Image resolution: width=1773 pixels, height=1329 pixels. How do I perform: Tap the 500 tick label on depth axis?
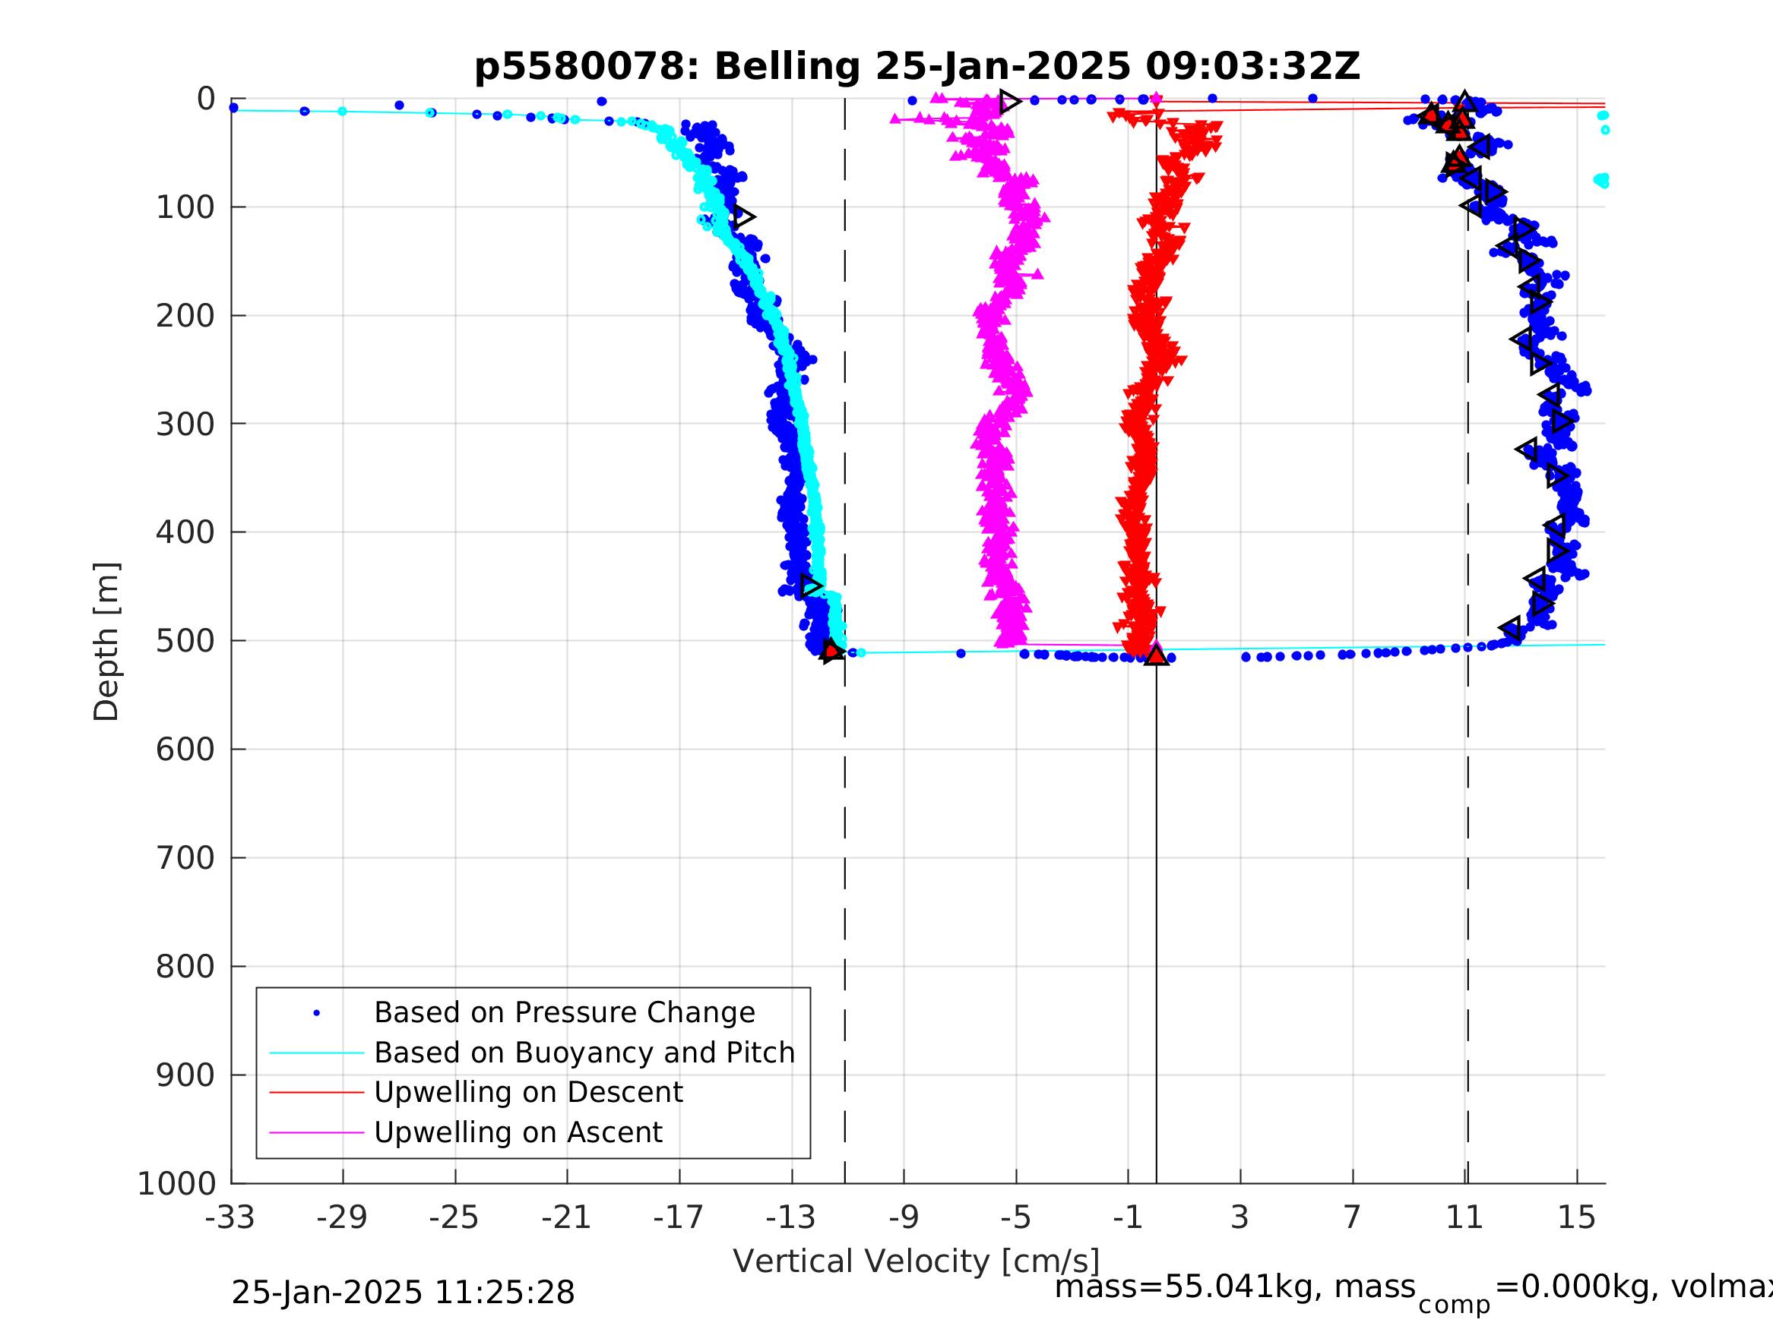click(x=185, y=642)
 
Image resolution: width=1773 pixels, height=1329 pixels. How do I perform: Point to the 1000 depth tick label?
click(x=176, y=1184)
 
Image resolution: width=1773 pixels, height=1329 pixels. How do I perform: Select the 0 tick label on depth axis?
click(x=206, y=99)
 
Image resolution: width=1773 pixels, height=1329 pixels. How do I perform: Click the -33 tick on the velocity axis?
click(x=230, y=1217)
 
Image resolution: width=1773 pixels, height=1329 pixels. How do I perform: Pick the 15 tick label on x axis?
click(x=1577, y=1217)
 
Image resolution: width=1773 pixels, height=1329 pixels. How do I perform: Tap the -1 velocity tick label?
click(x=1128, y=1217)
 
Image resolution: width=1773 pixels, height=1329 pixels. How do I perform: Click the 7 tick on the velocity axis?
click(x=1353, y=1217)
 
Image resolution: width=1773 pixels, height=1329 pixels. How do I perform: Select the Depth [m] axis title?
click(x=106, y=642)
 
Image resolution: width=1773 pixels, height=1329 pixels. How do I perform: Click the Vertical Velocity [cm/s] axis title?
click(x=917, y=1261)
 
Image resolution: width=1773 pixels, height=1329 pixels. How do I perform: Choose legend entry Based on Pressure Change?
click(x=565, y=1013)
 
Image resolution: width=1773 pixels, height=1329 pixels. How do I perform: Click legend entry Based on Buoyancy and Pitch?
click(x=584, y=1053)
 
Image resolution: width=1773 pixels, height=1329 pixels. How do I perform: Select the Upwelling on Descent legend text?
click(x=528, y=1093)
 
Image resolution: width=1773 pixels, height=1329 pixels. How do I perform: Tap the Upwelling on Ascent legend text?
click(x=518, y=1133)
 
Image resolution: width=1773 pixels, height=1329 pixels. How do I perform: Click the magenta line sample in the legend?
click(x=317, y=1133)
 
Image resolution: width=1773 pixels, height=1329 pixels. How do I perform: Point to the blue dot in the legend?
click(x=317, y=1013)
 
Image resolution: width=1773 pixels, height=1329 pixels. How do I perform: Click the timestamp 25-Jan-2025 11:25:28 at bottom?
click(x=402, y=1293)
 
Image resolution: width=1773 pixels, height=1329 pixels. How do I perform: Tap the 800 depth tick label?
click(x=185, y=967)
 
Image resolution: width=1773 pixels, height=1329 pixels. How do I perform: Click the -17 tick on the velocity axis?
click(x=679, y=1217)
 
